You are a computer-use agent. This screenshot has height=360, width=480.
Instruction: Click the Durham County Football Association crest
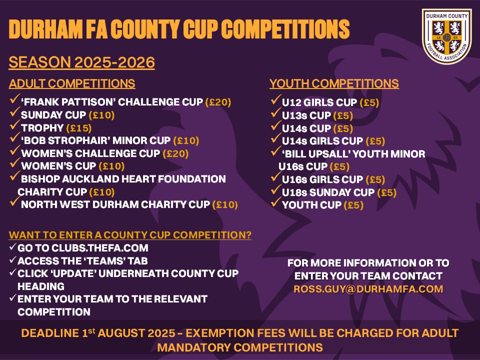click(x=446, y=36)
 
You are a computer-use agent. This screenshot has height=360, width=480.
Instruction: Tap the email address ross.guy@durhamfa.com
click(x=368, y=289)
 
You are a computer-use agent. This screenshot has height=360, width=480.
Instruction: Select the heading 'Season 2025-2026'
click(x=81, y=62)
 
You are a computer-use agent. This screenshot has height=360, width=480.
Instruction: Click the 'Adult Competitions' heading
click(x=72, y=83)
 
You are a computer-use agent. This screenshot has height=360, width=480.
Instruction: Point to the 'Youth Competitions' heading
click(x=334, y=83)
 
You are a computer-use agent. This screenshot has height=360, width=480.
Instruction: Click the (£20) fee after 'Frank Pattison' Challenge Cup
click(x=218, y=102)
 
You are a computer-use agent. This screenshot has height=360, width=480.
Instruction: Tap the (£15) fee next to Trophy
click(x=79, y=128)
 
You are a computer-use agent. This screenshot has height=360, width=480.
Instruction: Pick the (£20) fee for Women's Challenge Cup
click(x=175, y=153)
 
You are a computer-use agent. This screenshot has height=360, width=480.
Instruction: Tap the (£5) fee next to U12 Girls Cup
click(x=369, y=102)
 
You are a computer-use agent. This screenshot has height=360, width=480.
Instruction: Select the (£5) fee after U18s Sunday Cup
click(x=387, y=192)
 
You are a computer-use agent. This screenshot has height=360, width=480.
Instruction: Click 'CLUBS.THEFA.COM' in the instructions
click(x=100, y=248)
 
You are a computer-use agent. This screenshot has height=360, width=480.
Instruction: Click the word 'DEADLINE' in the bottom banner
click(x=50, y=333)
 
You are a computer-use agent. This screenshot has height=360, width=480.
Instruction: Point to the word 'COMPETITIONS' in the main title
click(x=285, y=29)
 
